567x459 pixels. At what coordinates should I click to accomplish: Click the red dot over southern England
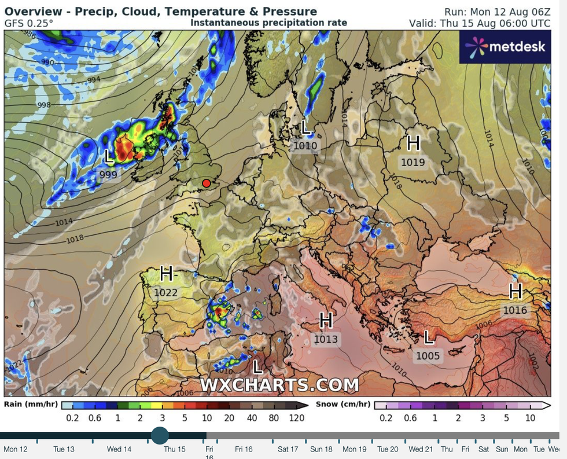207,183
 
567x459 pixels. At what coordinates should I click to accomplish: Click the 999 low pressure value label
108,174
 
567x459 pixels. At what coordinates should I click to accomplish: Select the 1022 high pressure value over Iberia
166,293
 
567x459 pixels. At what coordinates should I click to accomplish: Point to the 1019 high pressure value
413,163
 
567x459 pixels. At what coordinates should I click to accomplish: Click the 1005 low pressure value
428,356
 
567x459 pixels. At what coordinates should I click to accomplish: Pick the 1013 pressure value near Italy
326,339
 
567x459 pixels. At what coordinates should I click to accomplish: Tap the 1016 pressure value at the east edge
515,310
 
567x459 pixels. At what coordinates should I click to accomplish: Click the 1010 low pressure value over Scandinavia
305,146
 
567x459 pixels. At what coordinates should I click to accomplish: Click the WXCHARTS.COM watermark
279,385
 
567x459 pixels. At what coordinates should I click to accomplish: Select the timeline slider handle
160,435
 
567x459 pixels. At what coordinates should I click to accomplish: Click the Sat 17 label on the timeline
288,449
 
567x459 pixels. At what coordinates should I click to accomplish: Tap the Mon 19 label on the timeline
355,449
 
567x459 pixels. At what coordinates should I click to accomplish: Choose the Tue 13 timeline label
64,449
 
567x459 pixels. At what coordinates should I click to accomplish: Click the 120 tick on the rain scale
296,418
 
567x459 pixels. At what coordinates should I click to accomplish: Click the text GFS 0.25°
29,23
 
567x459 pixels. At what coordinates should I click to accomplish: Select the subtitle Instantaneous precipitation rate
269,23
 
